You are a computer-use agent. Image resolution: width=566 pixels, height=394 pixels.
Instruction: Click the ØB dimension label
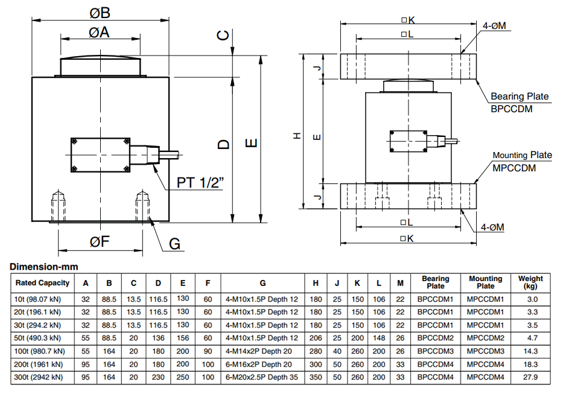100,13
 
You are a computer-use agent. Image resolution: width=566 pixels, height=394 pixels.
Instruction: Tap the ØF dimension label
100,242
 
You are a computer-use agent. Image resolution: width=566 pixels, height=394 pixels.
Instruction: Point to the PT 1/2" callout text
201,183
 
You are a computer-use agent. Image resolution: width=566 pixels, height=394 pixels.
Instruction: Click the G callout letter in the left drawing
174,244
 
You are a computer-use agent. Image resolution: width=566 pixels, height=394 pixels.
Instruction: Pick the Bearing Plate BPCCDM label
520,102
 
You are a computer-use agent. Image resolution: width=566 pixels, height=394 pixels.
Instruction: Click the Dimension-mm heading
44,266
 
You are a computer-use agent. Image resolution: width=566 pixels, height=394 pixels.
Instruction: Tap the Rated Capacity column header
42,282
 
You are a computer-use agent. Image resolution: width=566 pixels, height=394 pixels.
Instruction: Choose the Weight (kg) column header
530,282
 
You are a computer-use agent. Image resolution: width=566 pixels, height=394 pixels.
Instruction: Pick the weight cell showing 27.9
530,378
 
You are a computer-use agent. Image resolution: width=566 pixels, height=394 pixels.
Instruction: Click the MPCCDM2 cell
485,338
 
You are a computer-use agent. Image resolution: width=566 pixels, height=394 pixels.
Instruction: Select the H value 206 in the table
316,338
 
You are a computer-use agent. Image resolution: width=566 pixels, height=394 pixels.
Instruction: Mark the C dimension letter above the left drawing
223,36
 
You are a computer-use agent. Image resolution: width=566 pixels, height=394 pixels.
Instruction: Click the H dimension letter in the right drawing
296,136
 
